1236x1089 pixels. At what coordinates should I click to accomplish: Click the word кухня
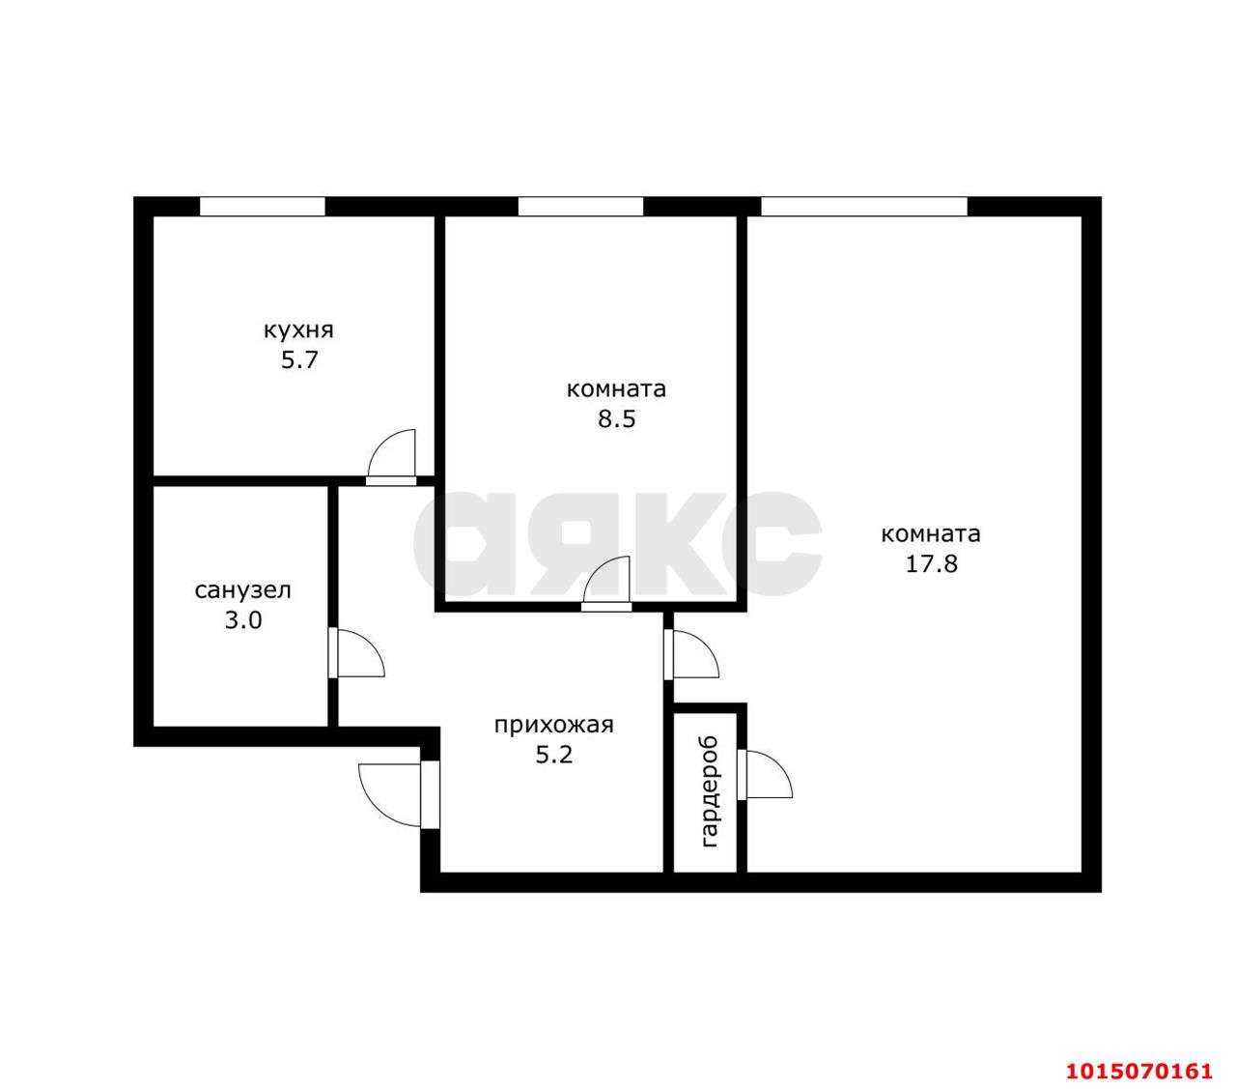(298, 330)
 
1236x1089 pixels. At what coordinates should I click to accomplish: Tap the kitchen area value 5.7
(299, 362)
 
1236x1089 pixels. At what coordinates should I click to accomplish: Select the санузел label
(242, 589)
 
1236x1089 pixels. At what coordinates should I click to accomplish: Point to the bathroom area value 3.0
(243, 620)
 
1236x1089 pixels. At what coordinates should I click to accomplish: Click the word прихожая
(553, 724)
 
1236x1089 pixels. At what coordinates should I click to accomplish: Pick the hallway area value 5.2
(554, 755)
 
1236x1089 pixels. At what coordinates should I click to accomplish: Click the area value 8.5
(616, 420)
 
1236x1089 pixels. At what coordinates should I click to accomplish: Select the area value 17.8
(931, 564)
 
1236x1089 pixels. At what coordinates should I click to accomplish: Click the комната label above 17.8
(931, 533)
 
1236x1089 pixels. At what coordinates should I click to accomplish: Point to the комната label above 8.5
(616, 389)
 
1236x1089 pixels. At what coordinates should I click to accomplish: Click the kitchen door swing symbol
(393, 455)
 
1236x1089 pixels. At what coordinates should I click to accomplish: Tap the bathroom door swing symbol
(356, 654)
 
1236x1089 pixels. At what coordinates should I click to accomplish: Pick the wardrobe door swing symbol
(766, 774)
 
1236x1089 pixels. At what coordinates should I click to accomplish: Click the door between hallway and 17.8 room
(693, 655)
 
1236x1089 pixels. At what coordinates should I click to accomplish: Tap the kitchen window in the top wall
(262, 206)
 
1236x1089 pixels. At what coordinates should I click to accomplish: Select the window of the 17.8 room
(863, 206)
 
